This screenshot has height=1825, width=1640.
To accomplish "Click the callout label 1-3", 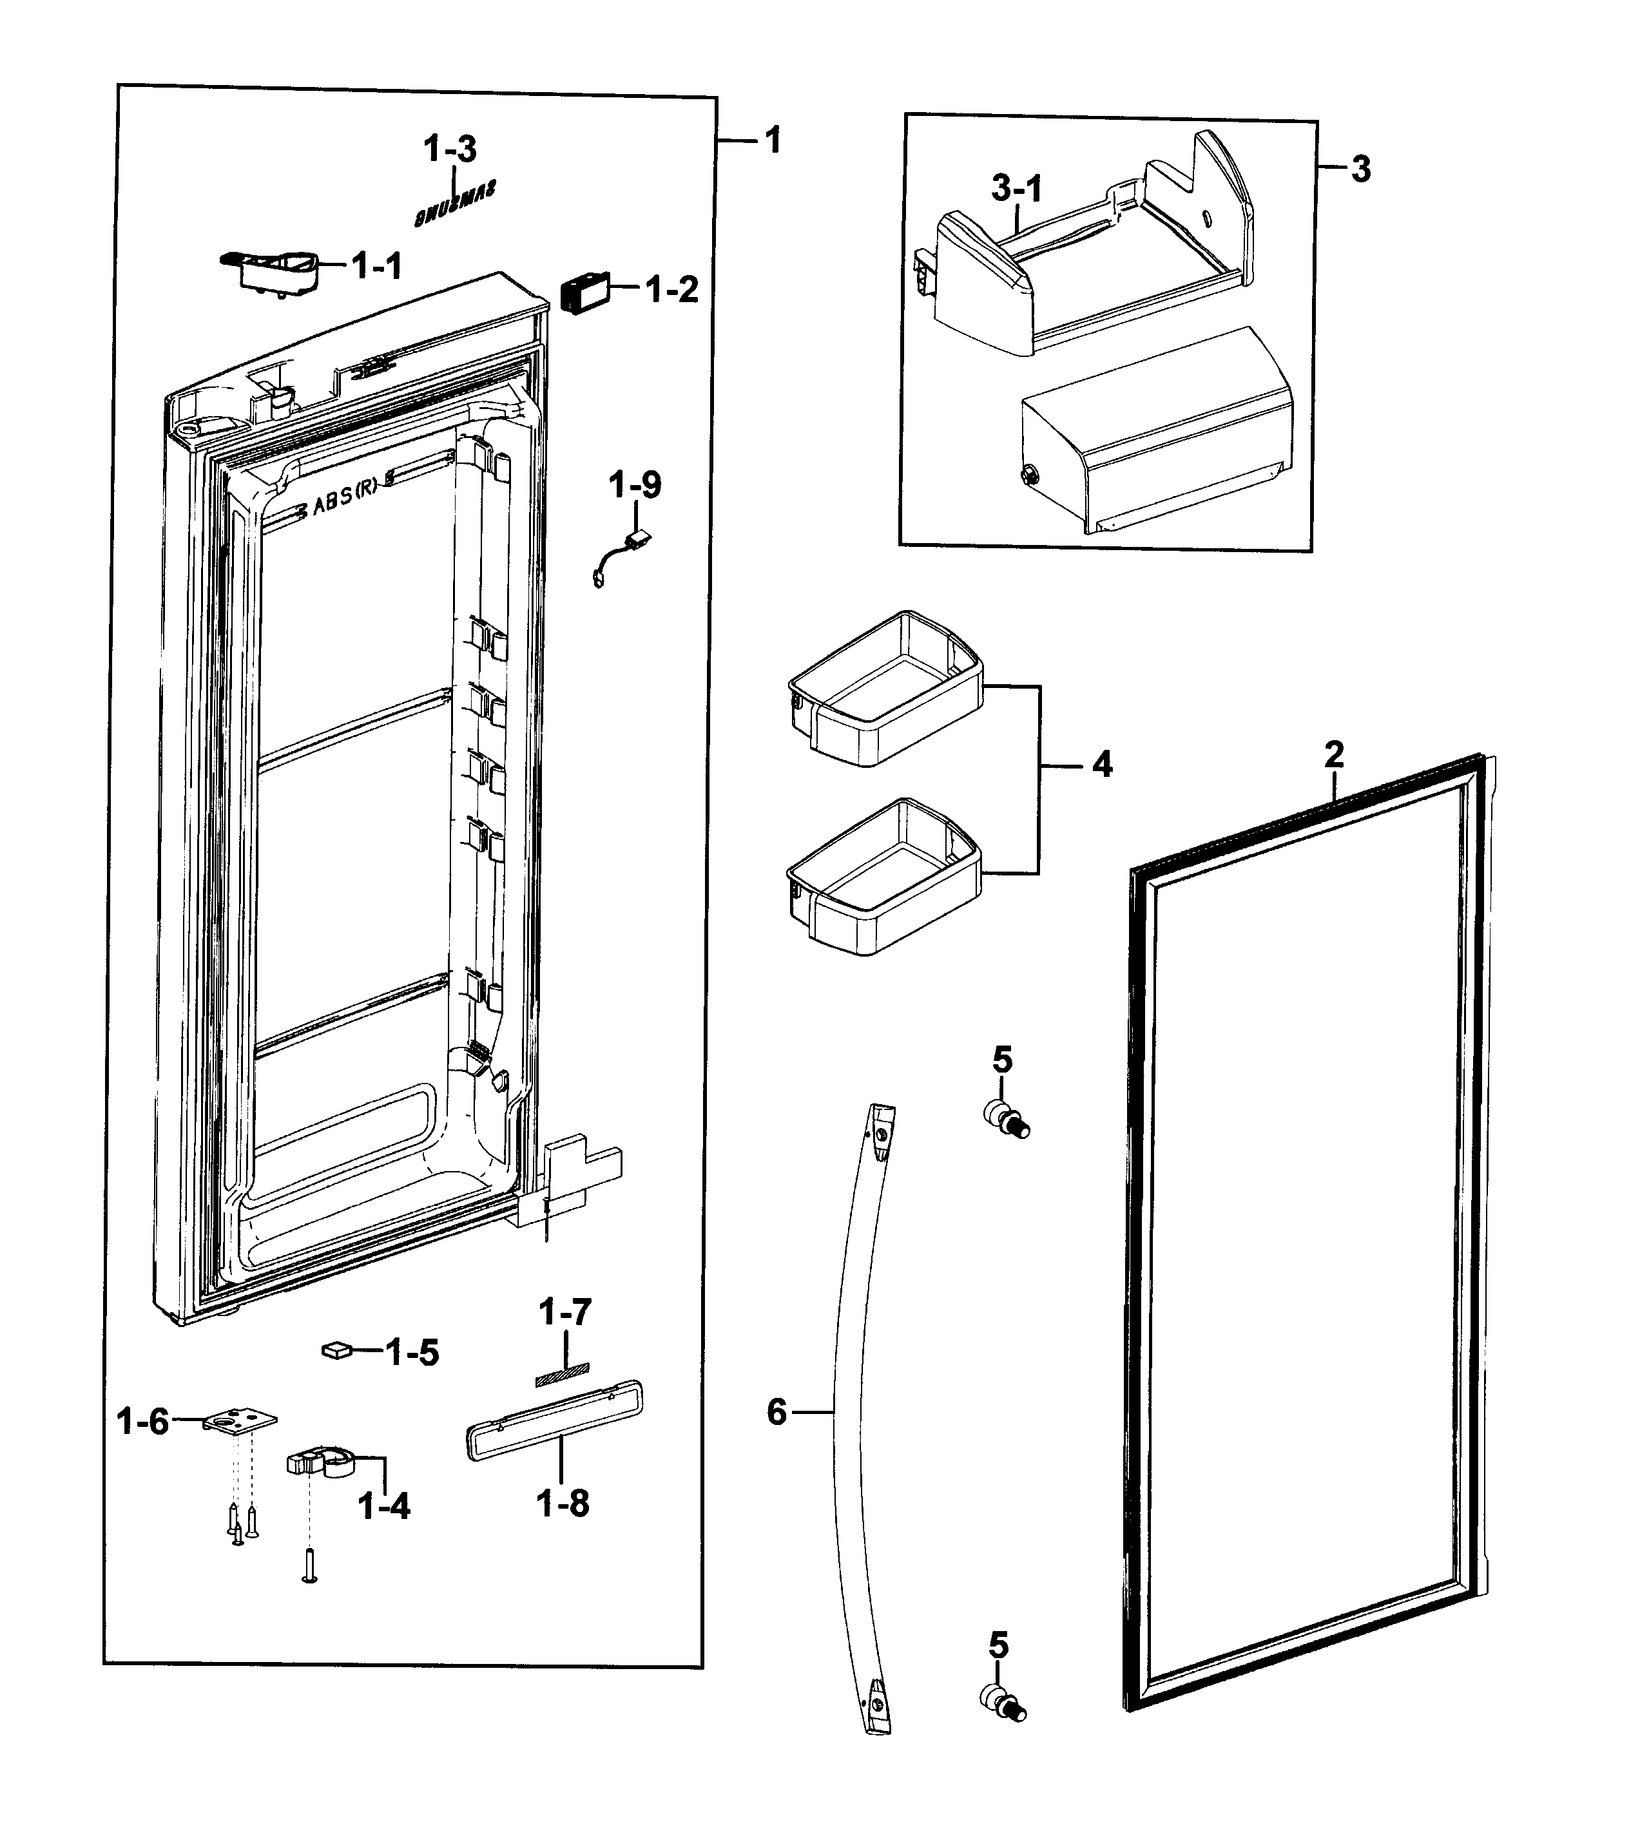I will click(x=450, y=149).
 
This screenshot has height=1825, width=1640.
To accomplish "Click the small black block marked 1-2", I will click(x=584, y=292).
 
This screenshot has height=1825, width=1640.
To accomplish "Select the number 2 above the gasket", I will click(x=1334, y=754).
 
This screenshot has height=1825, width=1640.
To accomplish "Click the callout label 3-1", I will click(x=1016, y=189).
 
